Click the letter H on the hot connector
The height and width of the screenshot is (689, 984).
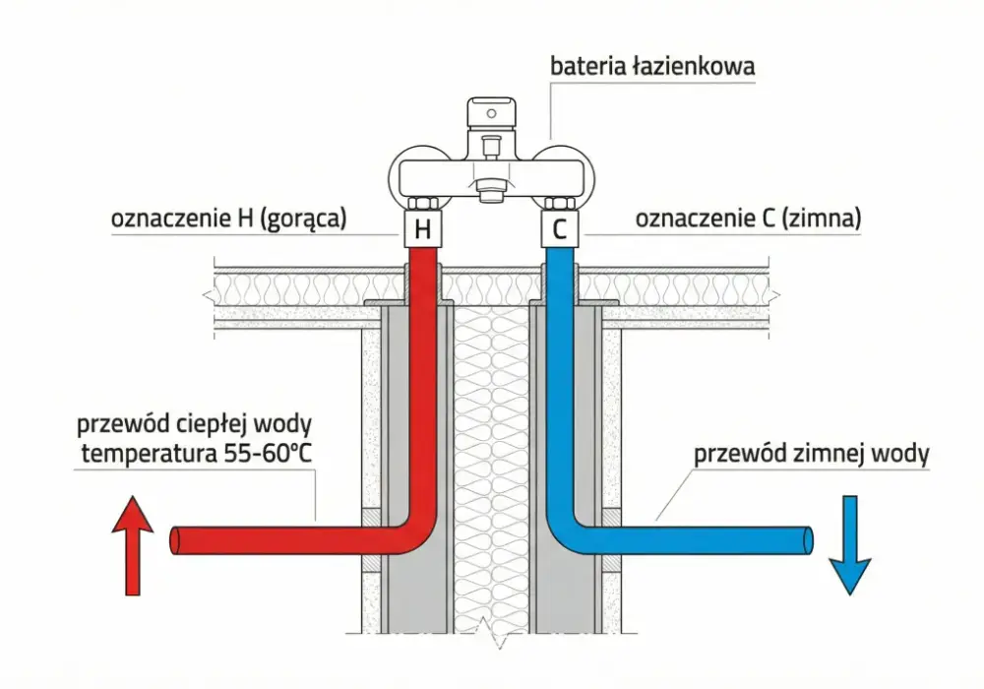coord(423,229)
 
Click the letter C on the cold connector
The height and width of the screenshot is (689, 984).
coord(559,229)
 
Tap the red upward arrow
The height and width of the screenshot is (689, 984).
coord(133,544)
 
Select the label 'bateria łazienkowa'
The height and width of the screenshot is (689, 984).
coord(652,66)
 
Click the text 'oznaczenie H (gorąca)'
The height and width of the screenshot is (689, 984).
coord(228,219)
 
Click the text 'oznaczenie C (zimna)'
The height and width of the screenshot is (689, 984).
coord(748,219)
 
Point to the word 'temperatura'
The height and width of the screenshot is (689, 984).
coord(149,454)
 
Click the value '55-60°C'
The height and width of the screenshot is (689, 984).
coord(268,453)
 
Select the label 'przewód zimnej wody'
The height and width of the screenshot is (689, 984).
coord(812,453)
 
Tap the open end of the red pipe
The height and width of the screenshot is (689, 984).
coord(175,540)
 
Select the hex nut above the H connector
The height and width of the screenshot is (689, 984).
coord(422,204)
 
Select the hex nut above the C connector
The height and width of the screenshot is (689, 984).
coord(559,204)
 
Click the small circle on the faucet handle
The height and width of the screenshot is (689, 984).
coord(491,113)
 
